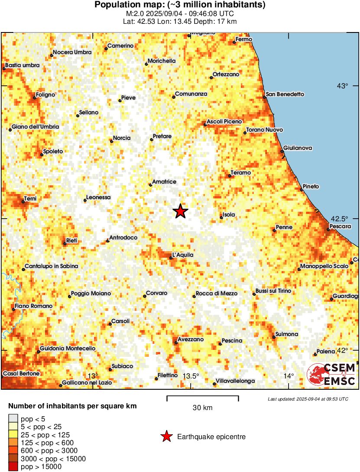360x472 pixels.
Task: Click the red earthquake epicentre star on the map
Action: (x=181, y=211)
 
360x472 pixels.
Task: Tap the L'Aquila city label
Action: (x=183, y=255)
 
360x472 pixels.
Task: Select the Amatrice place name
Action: (x=164, y=182)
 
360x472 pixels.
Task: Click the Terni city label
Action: (x=30, y=198)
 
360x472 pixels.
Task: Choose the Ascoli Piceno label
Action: (x=224, y=122)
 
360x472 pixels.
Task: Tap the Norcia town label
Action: (x=122, y=138)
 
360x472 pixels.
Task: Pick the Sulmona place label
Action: (x=287, y=334)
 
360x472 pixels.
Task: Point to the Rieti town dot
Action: (x=65, y=244)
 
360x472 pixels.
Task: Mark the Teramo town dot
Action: (x=230, y=176)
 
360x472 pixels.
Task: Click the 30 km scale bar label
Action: (x=202, y=407)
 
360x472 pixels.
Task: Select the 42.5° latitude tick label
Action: (x=342, y=219)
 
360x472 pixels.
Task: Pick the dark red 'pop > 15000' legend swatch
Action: (x=13, y=466)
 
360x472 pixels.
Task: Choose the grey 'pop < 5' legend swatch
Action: (x=13, y=419)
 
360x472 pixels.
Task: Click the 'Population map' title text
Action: (x=180, y=5)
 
